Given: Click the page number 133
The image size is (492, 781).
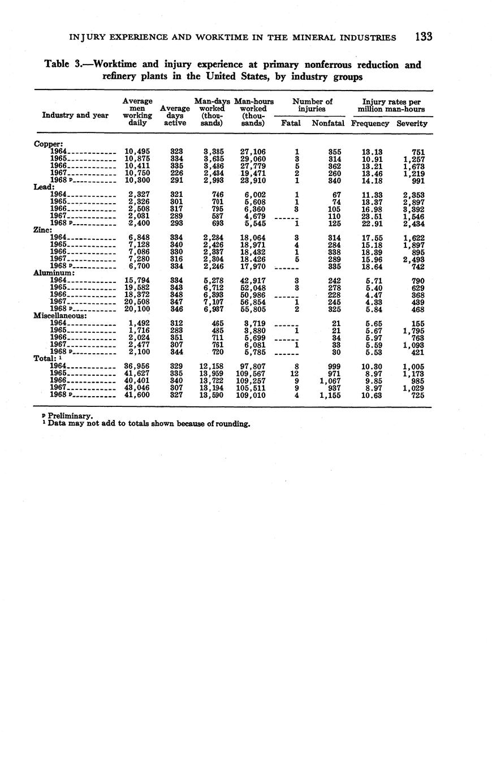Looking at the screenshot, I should tap(423, 37).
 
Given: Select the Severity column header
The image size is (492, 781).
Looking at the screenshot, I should tap(412, 123).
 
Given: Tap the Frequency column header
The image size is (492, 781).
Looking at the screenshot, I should tap(370, 123).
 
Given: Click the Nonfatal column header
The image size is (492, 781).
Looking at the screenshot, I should tap(328, 123).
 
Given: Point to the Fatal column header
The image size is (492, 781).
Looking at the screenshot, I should tap(291, 123).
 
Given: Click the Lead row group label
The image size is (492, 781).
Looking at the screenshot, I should tap(44, 187).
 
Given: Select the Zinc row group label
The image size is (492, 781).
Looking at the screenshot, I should tap(44, 230).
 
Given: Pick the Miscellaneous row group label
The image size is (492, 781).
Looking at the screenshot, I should tap(60, 315).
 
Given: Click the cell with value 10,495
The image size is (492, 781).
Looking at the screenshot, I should tap(137, 152).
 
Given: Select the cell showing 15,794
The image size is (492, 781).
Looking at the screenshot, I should tap(137, 281).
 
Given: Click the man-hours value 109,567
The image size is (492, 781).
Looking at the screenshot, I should tap(253, 374).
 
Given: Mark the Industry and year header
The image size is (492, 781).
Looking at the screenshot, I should tap(75, 115).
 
